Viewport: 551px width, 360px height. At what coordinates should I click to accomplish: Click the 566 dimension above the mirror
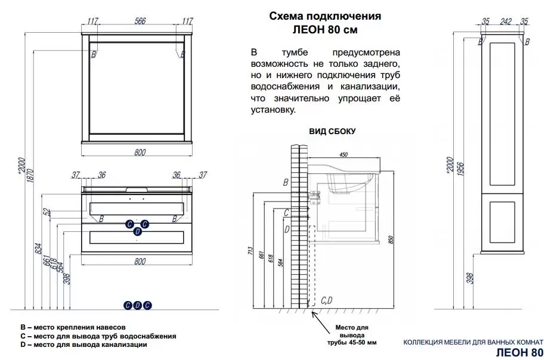(x=140, y=20)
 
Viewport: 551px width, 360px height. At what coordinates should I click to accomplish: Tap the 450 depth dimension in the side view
(x=343, y=154)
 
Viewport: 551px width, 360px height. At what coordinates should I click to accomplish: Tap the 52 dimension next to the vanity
(x=46, y=212)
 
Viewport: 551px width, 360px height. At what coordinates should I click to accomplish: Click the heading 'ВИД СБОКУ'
(x=332, y=132)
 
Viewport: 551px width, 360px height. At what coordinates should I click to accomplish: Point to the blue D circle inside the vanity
(x=137, y=231)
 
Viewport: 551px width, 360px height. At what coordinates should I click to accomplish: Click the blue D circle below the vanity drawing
(x=137, y=305)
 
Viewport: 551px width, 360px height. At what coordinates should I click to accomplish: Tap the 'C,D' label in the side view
(x=327, y=300)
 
